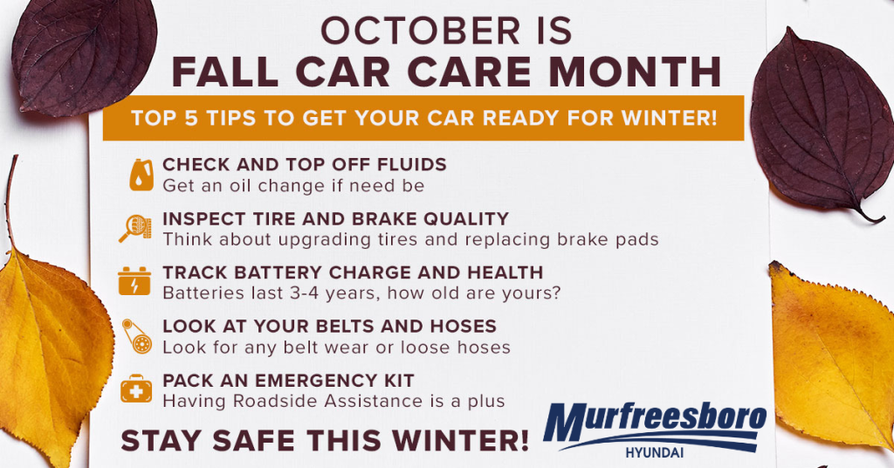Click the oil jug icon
point(141,175)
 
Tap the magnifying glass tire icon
point(135,228)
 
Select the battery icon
point(134,281)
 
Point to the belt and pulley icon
point(137,336)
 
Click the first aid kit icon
point(136,389)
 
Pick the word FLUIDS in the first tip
point(412,165)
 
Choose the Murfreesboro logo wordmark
point(655,422)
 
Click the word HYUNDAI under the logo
point(655,453)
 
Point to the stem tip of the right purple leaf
point(884,219)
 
